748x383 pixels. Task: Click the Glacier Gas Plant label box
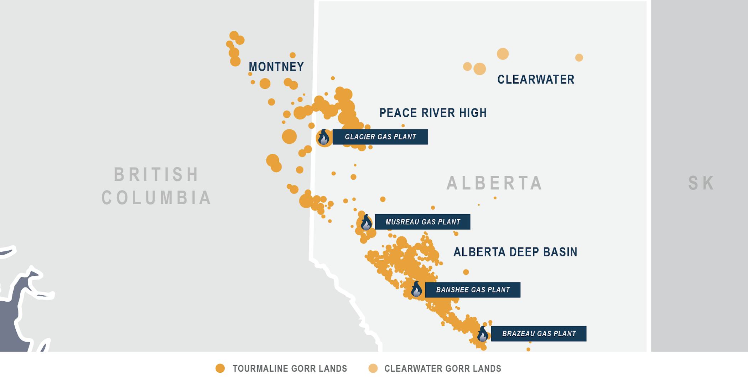pos(380,137)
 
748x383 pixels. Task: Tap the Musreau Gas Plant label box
pos(422,222)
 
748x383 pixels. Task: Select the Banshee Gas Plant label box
pos(473,290)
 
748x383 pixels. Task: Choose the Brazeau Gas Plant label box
pos(539,334)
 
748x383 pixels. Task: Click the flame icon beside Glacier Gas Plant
pos(324,137)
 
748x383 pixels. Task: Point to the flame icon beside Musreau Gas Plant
pos(366,223)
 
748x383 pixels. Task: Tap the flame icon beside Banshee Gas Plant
pos(416,290)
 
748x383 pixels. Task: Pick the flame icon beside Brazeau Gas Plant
pos(483,335)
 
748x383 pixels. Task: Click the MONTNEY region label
pos(276,67)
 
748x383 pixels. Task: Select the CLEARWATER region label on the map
pos(536,80)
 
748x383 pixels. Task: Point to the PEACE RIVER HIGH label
pos(433,113)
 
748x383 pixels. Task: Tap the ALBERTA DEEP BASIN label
pos(515,252)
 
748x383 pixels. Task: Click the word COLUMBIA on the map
pos(156,198)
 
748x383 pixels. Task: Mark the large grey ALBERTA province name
pos(494,183)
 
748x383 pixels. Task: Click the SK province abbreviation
pos(701,183)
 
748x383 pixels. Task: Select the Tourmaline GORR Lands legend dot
pos(220,368)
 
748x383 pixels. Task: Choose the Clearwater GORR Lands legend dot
pos(373,368)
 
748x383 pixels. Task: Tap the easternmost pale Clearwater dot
pos(579,57)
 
